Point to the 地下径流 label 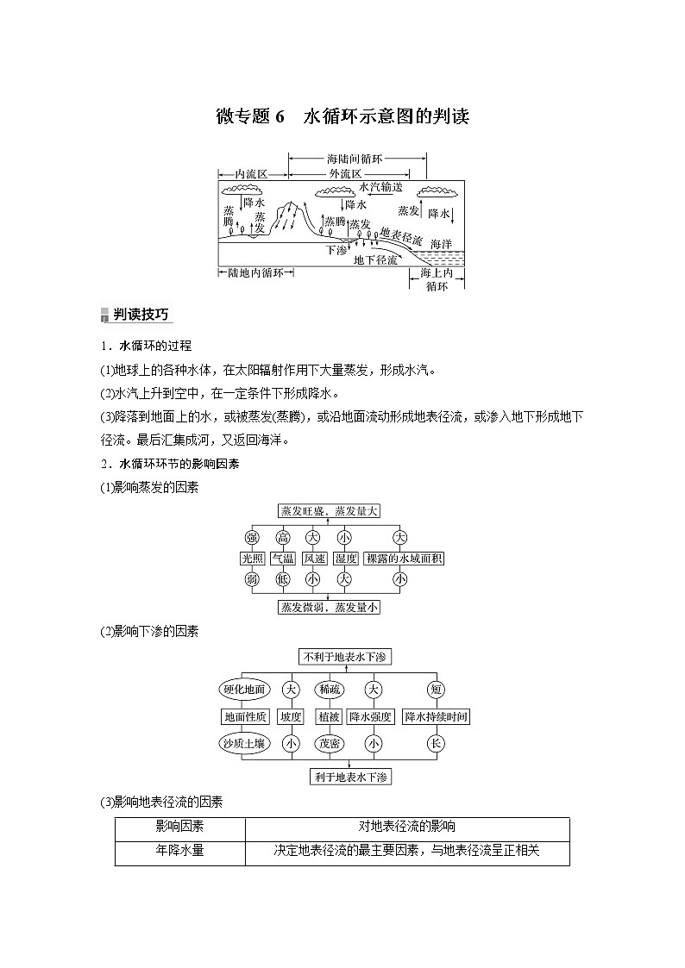coord(376,259)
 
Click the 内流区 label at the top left coord(252,173)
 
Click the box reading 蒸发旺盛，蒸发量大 coord(329,510)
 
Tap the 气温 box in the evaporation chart coord(283,559)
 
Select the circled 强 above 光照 coord(252,538)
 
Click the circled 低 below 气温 coord(283,579)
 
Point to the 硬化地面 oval coord(246,690)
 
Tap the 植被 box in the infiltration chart coord(329,716)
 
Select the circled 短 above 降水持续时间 coord(436,690)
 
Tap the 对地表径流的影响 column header coord(407,826)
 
